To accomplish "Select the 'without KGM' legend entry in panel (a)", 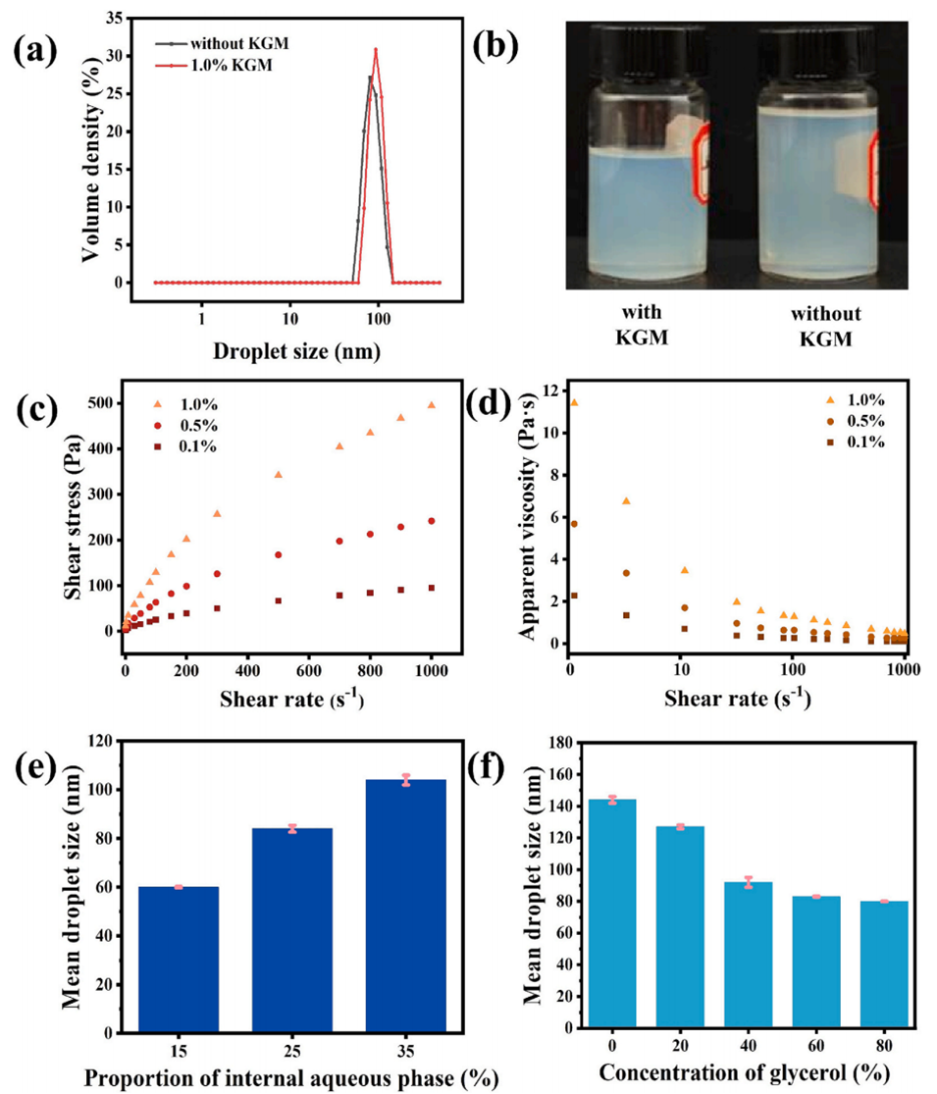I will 234,43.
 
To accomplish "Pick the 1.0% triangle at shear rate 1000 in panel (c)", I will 431,404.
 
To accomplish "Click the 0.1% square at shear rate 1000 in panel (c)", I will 431,588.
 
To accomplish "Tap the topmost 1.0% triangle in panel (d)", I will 574,402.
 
